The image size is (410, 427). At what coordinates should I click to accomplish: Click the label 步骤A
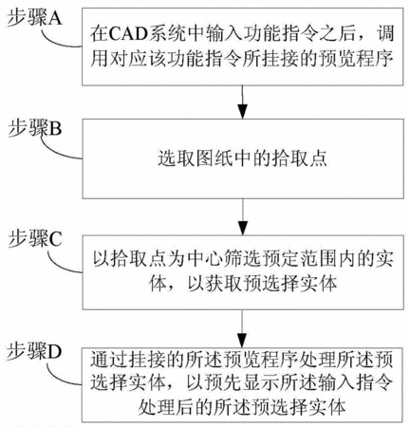pos(35,18)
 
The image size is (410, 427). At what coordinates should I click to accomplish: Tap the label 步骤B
pos(35,128)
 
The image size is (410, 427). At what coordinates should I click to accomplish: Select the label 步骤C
pos(35,239)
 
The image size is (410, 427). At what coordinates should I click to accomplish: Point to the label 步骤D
pos(34,351)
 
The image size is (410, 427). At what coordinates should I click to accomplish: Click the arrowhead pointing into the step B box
pos(243,112)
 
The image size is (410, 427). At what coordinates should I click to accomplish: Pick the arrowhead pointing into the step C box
pos(243,228)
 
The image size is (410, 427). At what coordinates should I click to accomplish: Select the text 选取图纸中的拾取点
pos(243,158)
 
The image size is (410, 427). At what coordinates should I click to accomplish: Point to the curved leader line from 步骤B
pos(57,150)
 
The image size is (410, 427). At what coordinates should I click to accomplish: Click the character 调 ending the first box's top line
pos(385,33)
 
